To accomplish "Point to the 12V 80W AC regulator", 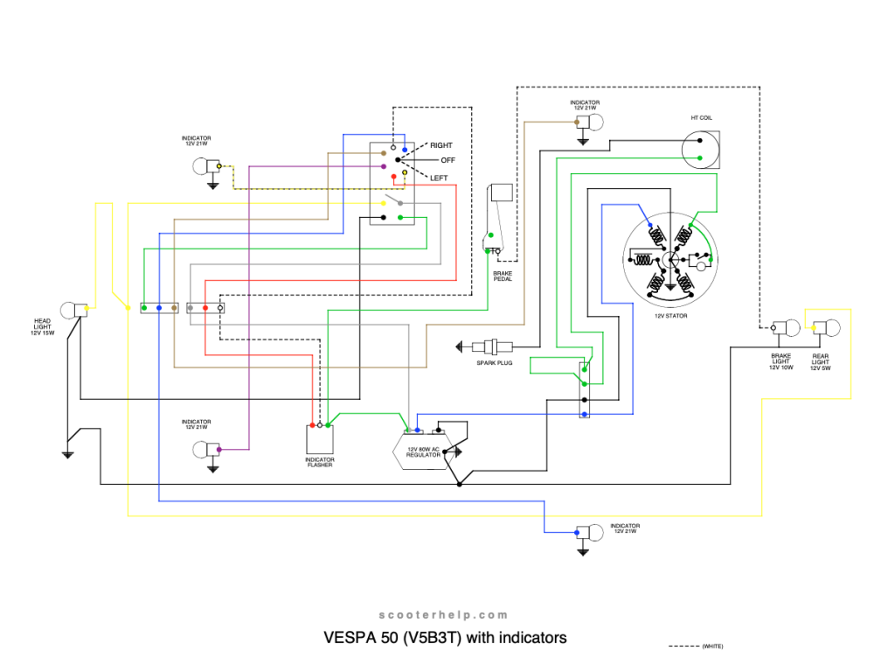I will click(424, 451).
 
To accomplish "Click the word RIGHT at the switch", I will click(441, 144).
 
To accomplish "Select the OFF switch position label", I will click(448, 161).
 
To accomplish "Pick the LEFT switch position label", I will click(439, 178).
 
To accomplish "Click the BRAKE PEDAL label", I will click(503, 276).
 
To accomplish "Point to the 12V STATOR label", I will click(671, 315).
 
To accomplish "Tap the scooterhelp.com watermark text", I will click(437, 615).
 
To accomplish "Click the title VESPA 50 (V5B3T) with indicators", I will click(446, 637).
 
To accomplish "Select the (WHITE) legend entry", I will click(712, 646).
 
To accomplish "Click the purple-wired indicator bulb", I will click(202, 450).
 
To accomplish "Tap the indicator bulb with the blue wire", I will click(595, 532).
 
